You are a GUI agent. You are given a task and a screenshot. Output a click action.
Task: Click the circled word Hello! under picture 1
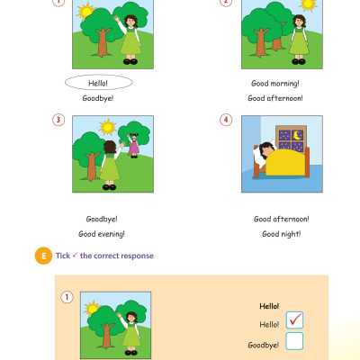point(98,83)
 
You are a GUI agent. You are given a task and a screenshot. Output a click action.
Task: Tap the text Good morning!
point(275,84)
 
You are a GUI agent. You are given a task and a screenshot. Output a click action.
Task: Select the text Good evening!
point(102,234)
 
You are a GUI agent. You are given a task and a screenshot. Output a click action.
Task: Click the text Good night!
point(282,234)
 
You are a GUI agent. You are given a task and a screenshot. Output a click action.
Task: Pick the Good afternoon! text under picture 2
point(275,98)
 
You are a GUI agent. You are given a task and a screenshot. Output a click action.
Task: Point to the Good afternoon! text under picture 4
point(282,219)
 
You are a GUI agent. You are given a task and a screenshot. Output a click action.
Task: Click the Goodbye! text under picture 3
point(102,219)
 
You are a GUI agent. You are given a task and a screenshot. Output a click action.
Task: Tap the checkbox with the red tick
point(294,319)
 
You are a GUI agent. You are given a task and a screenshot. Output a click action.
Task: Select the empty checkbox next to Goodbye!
point(294,341)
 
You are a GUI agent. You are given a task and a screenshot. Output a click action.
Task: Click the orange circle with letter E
point(43,256)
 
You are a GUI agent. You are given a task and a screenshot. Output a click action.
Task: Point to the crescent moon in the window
point(297,135)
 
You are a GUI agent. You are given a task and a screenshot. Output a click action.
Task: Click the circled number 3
point(58,120)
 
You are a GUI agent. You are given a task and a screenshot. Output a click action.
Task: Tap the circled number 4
point(226,120)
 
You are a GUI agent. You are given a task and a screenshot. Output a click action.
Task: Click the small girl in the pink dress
point(133,145)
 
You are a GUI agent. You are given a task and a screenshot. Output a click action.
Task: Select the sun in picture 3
point(107,127)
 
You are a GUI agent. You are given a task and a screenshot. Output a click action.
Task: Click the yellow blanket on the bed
point(285,162)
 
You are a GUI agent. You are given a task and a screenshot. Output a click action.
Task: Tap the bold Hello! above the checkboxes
point(269,306)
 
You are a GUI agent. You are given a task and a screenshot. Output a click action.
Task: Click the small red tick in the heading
point(75,255)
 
